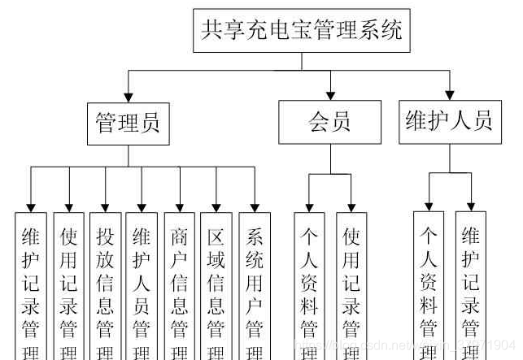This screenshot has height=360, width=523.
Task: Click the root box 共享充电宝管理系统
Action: pos(301,32)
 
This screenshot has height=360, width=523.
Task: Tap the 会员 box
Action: pos(329,123)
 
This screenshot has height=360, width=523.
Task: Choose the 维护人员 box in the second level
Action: pos(449,122)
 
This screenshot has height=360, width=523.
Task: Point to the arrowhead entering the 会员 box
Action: pos(329,95)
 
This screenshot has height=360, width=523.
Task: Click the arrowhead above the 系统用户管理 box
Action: pos(254,206)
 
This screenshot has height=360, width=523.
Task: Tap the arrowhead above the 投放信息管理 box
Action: pos(104,206)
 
